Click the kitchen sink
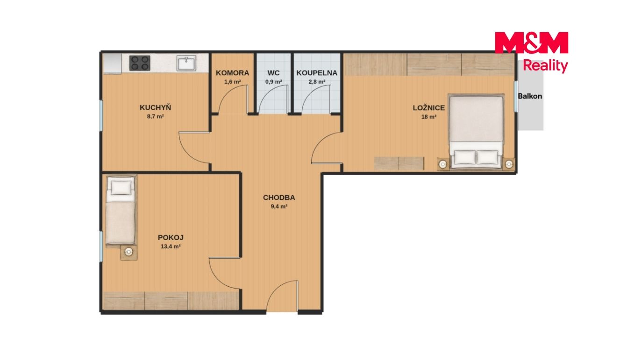tap(186, 63)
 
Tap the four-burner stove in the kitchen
tap(140, 63)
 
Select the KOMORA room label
tap(232, 73)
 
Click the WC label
tap(274, 73)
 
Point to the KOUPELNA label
tap(317, 73)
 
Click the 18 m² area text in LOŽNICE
tap(429, 117)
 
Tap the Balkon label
tap(530, 96)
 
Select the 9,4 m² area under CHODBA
tap(279, 206)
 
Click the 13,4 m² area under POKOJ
tap(171, 247)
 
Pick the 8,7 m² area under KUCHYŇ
tap(156, 117)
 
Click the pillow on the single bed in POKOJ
tap(121, 188)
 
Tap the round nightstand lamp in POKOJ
tap(129, 252)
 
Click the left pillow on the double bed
tap(465, 157)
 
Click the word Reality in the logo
tap(545, 66)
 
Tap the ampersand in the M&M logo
tap(531, 42)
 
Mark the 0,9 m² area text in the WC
tap(274, 82)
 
